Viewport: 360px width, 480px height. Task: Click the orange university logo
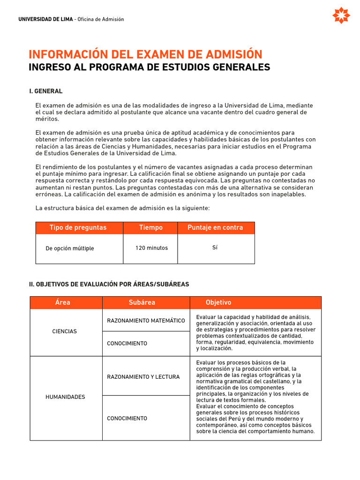pyautogui.click(x=341, y=15)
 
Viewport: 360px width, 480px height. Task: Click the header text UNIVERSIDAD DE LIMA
pyautogui.click(x=45, y=19)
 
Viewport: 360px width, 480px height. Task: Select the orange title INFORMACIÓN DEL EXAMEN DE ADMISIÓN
pyautogui.click(x=145, y=54)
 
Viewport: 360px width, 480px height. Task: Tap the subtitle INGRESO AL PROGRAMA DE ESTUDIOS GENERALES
pyautogui.click(x=149, y=67)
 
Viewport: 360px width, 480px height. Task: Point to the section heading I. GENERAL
pyautogui.click(x=45, y=91)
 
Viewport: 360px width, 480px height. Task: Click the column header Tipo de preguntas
pyautogui.click(x=78, y=228)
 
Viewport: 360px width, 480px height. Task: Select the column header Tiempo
pyautogui.click(x=151, y=228)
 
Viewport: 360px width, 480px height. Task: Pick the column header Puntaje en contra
pyautogui.click(x=215, y=228)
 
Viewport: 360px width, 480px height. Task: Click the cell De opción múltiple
pyautogui.click(x=69, y=248)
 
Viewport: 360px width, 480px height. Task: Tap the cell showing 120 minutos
pyautogui.click(x=151, y=248)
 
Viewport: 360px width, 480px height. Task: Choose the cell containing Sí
pyautogui.click(x=215, y=247)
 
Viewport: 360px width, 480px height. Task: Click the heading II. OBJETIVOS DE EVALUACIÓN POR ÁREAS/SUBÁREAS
pyautogui.click(x=109, y=284)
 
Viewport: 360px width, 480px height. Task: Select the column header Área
pyautogui.click(x=62, y=302)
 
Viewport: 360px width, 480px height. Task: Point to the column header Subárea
pyautogui.click(x=142, y=302)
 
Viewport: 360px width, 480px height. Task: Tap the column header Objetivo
pyautogui.click(x=218, y=302)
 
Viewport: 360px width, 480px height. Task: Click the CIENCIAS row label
pyautogui.click(x=64, y=331)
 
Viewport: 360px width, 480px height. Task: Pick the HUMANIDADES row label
pyautogui.click(x=65, y=397)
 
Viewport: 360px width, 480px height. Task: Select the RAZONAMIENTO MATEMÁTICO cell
pyautogui.click(x=146, y=321)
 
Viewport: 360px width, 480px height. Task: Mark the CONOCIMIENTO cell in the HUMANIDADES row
pyautogui.click(x=127, y=418)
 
